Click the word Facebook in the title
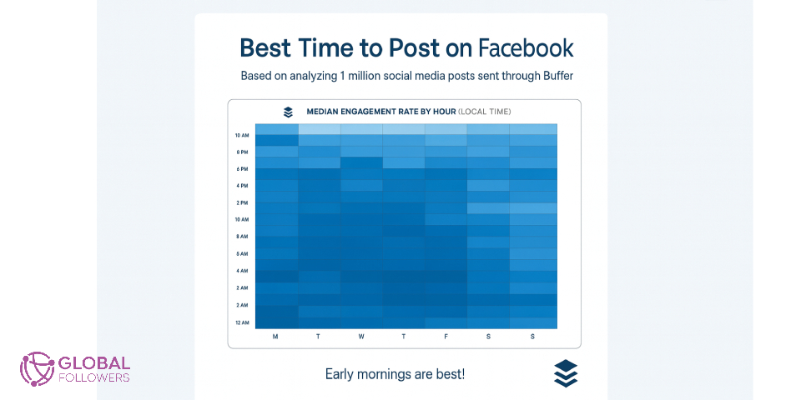pyautogui.click(x=525, y=47)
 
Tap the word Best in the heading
pyautogui.click(x=266, y=47)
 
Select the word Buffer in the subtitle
pyautogui.click(x=553, y=76)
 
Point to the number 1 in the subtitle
pyautogui.click(x=343, y=76)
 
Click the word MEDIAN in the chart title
pyautogui.click(x=325, y=112)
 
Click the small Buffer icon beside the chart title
pyautogui.click(x=288, y=112)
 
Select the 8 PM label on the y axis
pyautogui.click(x=242, y=152)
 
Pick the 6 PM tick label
pyautogui.click(x=242, y=169)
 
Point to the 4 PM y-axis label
pyautogui.click(x=242, y=186)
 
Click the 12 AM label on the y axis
pyautogui.click(x=242, y=322)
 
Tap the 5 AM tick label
pyautogui.click(x=242, y=253)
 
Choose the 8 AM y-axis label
pyautogui.click(x=242, y=237)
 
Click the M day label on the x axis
pyautogui.click(x=275, y=337)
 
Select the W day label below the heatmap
pyautogui.click(x=360, y=337)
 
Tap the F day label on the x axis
pyautogui.click(x=446, y=337)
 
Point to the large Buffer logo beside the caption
pyautogui.click(x=566, y=373)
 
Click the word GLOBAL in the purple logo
pyautogui.click(x=94, y=363)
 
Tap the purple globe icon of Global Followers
pyautogui.click(x=37, y=367)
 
